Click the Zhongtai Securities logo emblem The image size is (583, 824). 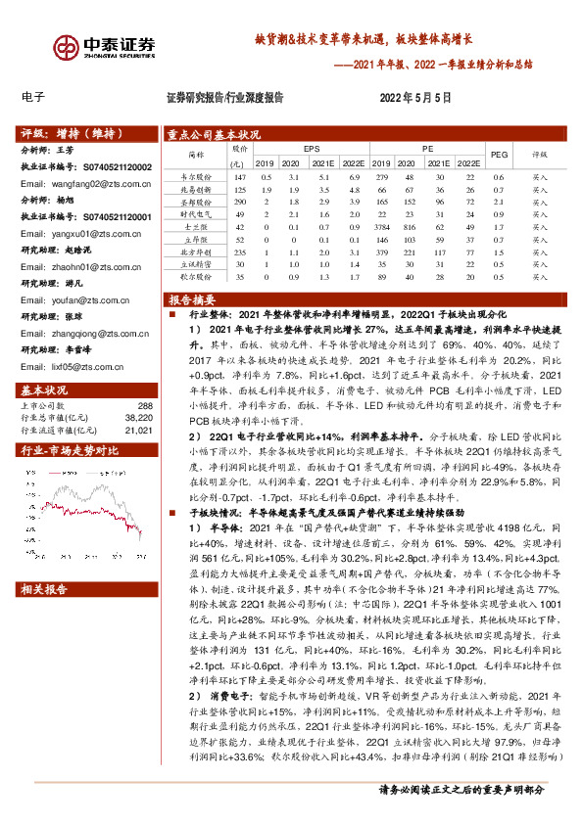[x=68, y=48]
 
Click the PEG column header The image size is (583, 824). [x=499, y=155]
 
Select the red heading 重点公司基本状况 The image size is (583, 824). [x=214, y=134]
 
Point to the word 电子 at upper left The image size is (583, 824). [x=32, y=98]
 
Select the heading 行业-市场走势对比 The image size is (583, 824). [x=70, y=451]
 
